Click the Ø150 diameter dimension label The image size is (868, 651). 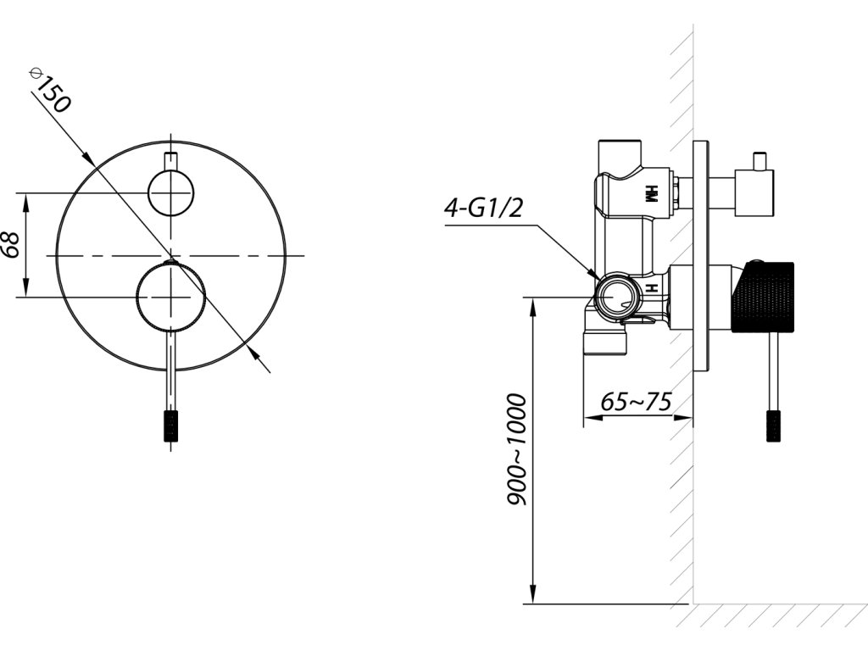point(51,90)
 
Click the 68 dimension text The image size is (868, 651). point(10,245)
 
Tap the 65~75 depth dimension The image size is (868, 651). point(636,401)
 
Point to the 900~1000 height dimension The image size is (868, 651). point(516,449)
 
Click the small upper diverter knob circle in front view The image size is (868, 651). point(171,192)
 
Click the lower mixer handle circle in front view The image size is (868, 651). point(171,298)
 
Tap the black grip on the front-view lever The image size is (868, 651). point(171,426)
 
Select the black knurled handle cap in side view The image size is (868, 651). point(763,296)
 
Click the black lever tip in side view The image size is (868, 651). point(773,426)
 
